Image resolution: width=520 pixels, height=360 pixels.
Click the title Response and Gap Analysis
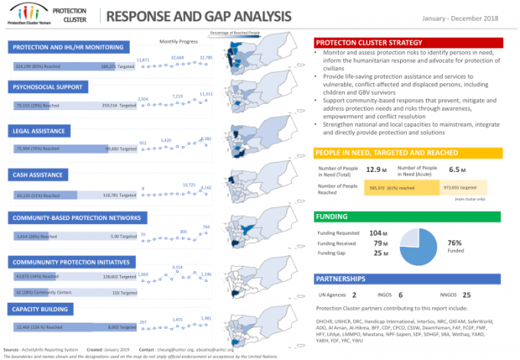click(198, 16)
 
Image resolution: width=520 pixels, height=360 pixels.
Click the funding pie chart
click(419, 242)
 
